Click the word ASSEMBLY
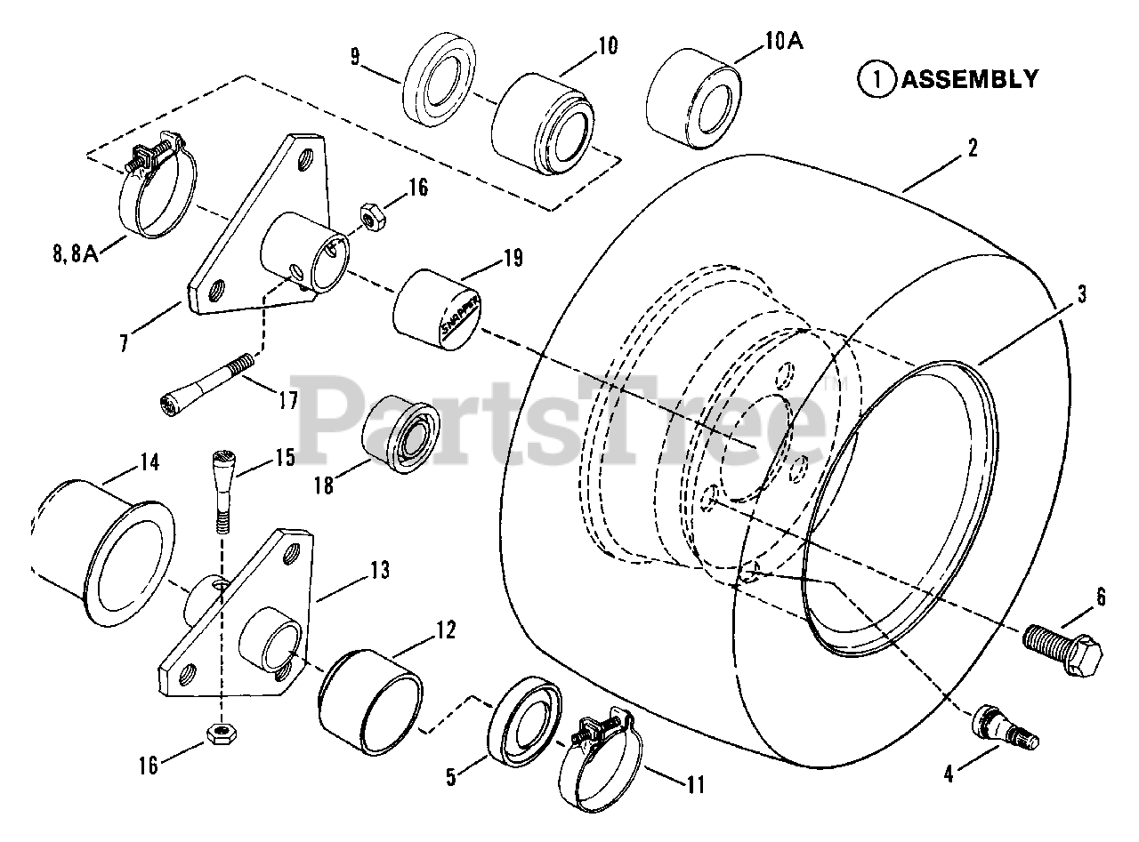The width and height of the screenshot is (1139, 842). point(969,79)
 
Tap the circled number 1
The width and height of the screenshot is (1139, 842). point(876,79)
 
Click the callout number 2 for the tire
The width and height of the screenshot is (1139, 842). point(973,148)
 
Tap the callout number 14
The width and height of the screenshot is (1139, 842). point(149,462)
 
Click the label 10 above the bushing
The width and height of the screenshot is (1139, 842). point(608,45)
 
